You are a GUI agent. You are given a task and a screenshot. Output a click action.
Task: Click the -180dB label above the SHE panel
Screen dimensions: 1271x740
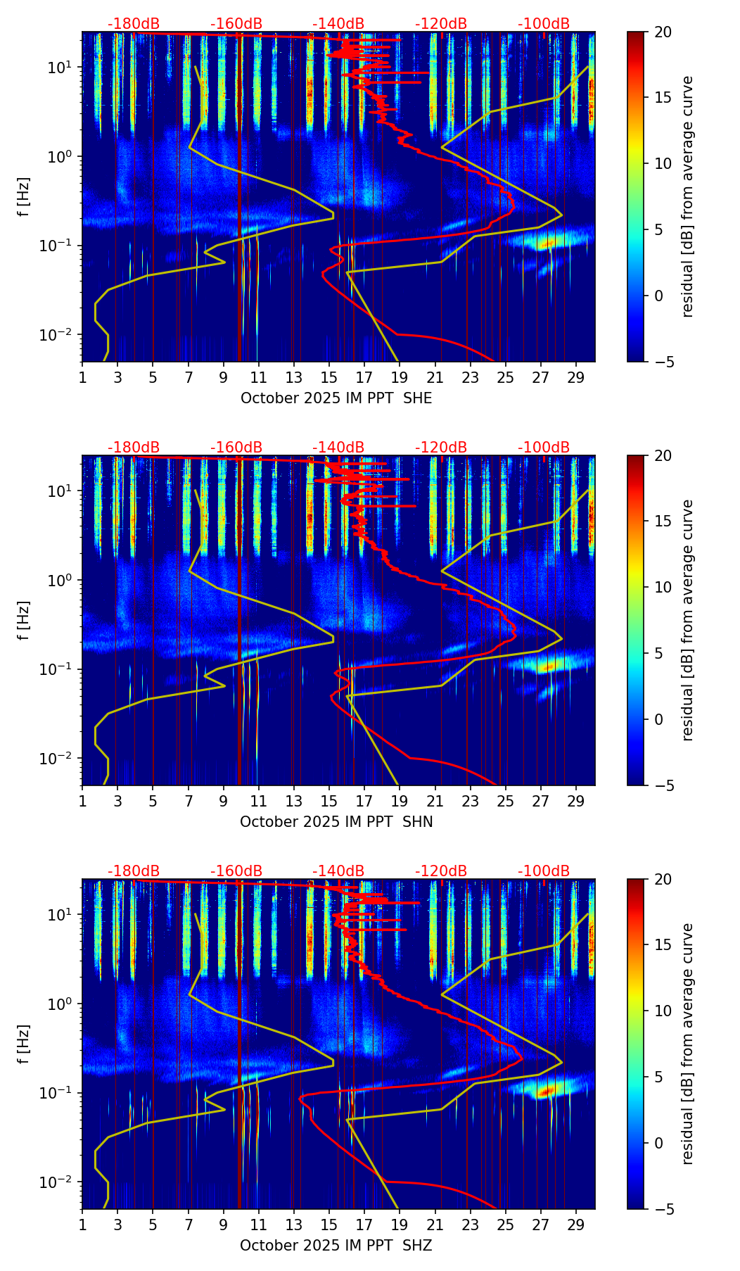[x=134, y=24]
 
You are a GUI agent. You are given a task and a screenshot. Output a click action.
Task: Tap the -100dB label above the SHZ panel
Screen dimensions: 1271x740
[x=544, y=871]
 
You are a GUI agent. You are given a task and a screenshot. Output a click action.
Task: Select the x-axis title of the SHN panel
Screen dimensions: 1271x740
[x=336, y=821]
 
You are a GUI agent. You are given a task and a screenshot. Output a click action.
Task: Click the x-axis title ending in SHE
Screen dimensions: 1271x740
[x=336, y=398]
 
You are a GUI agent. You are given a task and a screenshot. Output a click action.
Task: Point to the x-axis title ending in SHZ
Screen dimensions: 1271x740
[x=336, y=1245]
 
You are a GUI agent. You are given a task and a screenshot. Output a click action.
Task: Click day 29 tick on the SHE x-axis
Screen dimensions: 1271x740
[x=576, y=377]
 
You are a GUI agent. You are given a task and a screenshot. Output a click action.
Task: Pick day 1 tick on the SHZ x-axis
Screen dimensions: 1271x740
[x=82, y=1225]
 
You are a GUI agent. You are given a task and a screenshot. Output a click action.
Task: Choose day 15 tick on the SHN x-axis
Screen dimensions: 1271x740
[x=329, y=801]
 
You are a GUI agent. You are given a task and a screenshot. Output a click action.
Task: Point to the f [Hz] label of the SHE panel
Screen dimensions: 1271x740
[x=24, y=197]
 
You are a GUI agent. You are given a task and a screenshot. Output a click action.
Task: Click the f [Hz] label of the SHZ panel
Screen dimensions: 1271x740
[x=24, y=1044]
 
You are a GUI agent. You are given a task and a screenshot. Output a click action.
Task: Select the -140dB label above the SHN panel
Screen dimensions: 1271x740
[x=338, y=448]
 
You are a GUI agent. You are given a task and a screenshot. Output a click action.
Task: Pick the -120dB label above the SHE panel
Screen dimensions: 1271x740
[x=441, y=24]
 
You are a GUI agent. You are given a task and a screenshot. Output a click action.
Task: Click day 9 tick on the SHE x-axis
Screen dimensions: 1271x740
[x=224, y=377]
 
